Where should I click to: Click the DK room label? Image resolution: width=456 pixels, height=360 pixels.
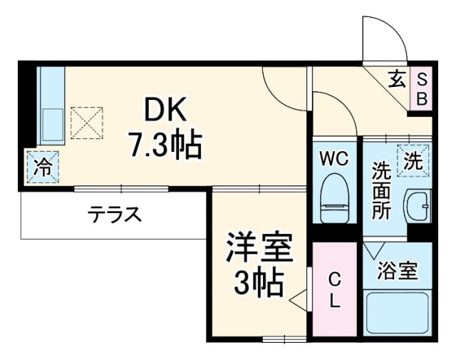pos(166,110)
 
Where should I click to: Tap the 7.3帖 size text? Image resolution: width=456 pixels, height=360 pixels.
pos(165,145)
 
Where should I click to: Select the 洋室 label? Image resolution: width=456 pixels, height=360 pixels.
pos(259,249)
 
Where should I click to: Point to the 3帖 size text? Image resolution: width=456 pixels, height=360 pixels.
pos(260,284)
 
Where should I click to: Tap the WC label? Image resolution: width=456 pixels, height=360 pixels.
pos(333,159)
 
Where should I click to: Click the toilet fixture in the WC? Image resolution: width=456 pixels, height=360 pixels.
pos(333,200)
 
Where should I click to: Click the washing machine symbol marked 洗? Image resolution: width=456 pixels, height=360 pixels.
pos(413,160)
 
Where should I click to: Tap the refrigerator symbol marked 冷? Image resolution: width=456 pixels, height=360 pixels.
pos(43,168)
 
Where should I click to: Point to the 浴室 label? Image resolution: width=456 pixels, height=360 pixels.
pos(398,270)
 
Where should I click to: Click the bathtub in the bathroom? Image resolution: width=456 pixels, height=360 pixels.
pos(397,314)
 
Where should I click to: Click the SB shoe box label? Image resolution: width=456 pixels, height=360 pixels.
pos(421,88)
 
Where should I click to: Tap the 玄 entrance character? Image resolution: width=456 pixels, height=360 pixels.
pos(397,78)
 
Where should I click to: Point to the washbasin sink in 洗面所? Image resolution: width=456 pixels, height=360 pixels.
pos(417,207)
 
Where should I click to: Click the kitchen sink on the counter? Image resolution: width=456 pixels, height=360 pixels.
pos(51,125)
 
